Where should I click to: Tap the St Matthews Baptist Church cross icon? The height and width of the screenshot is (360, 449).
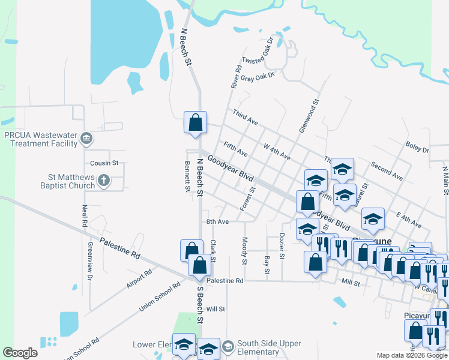tap(104, 179)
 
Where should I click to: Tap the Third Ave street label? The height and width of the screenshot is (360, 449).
tap(245, 118)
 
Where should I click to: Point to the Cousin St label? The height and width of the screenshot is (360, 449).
tap(104, 163)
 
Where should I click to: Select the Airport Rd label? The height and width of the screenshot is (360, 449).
tap(139, 278)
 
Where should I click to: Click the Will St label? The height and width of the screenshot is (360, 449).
tap(215, 309)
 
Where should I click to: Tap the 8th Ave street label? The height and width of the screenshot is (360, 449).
tap(218, 221)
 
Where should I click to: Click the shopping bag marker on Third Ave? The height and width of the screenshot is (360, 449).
tap(195, 122)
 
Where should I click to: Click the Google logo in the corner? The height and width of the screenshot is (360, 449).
tap(20, 353)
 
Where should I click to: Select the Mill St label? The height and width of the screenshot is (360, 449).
tap(349, 281)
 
